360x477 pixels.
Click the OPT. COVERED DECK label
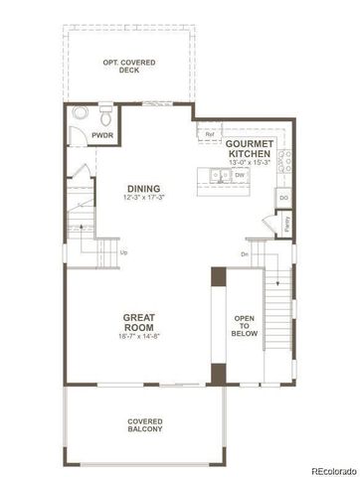[x=129, y=67]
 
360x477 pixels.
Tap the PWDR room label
[x=101, y=135]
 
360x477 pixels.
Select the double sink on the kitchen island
[x=220, y=177]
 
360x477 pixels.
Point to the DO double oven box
[x=283, y=199]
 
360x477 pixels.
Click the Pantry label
[x=286, y=224]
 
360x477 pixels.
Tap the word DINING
[x=144, y=190]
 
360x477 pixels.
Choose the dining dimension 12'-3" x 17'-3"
[x=144, y=200]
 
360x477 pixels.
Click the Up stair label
[x=124, y=252]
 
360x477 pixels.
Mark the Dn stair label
[x=245, y=253]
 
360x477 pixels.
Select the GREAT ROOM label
[x=138, y=323]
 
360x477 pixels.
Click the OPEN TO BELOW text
[x=245, y=327]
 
